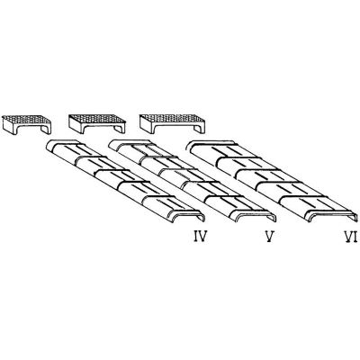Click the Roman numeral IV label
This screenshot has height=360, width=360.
(200, 237)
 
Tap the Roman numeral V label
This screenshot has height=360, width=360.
(270, 237)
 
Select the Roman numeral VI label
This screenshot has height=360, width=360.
(350, 237)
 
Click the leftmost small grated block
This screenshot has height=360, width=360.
(26, 124)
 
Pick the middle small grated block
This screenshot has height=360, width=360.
(97, 123)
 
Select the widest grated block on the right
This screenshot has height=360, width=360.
(173, 123)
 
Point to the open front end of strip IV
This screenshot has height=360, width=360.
(187, 216)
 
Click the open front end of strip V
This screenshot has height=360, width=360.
(256, 216)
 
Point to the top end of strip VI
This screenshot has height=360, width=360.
(210, 144)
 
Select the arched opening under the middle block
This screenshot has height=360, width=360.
(98, 130)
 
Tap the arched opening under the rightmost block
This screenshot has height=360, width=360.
(174, 130)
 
